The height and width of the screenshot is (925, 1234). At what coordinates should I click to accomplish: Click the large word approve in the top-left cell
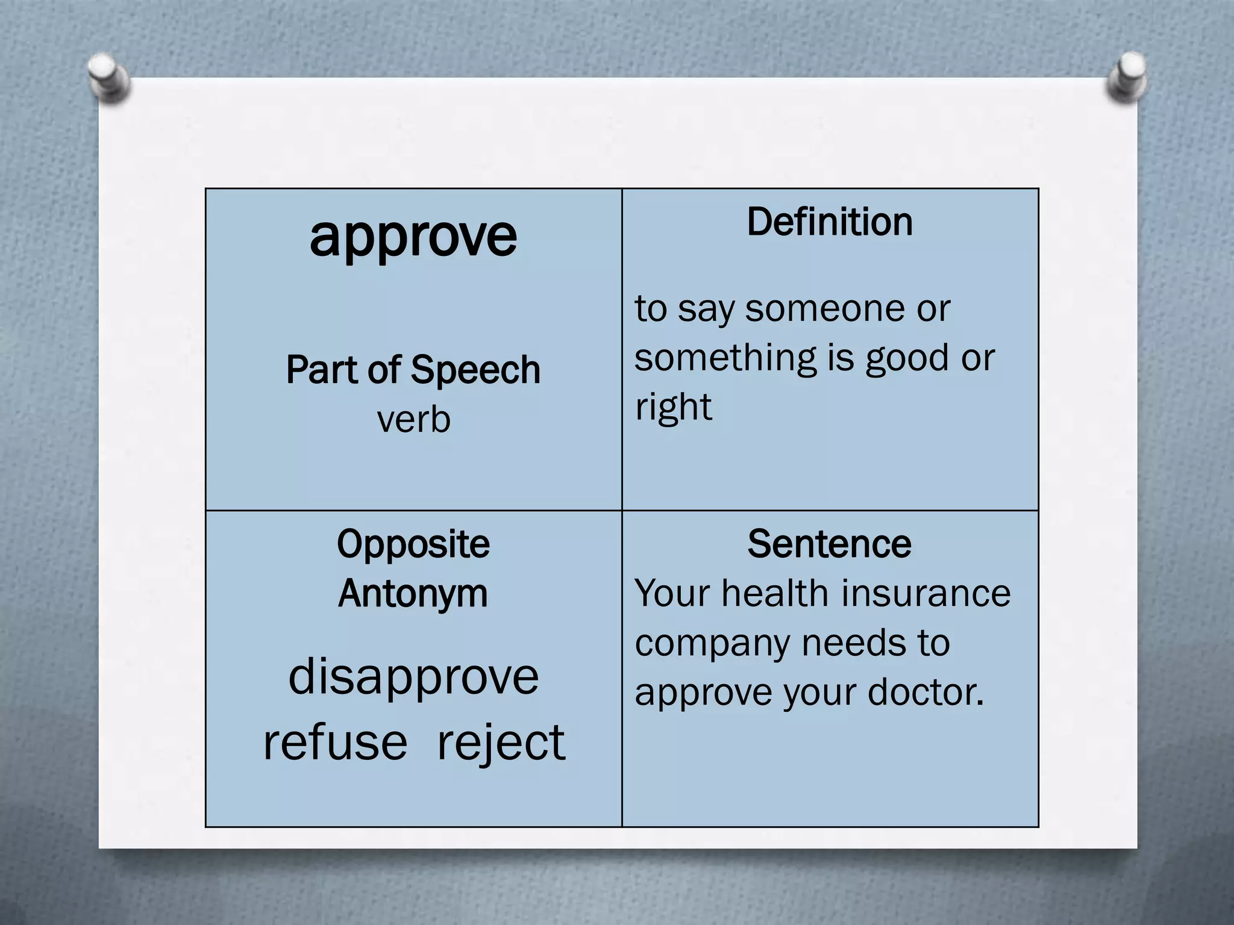point(413,237)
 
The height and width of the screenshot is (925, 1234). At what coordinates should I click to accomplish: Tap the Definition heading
point(830,222)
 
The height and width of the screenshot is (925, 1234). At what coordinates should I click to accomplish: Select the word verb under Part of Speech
point(413,419)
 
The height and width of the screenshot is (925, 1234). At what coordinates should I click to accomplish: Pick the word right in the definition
point(673,408)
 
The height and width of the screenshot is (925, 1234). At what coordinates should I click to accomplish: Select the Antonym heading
point(413,594)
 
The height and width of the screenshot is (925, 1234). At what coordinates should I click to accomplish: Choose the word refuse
point(335,742)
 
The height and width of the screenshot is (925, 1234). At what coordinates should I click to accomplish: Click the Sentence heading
point(829,544)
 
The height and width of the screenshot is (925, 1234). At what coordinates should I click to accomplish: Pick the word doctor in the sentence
point(925,693)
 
